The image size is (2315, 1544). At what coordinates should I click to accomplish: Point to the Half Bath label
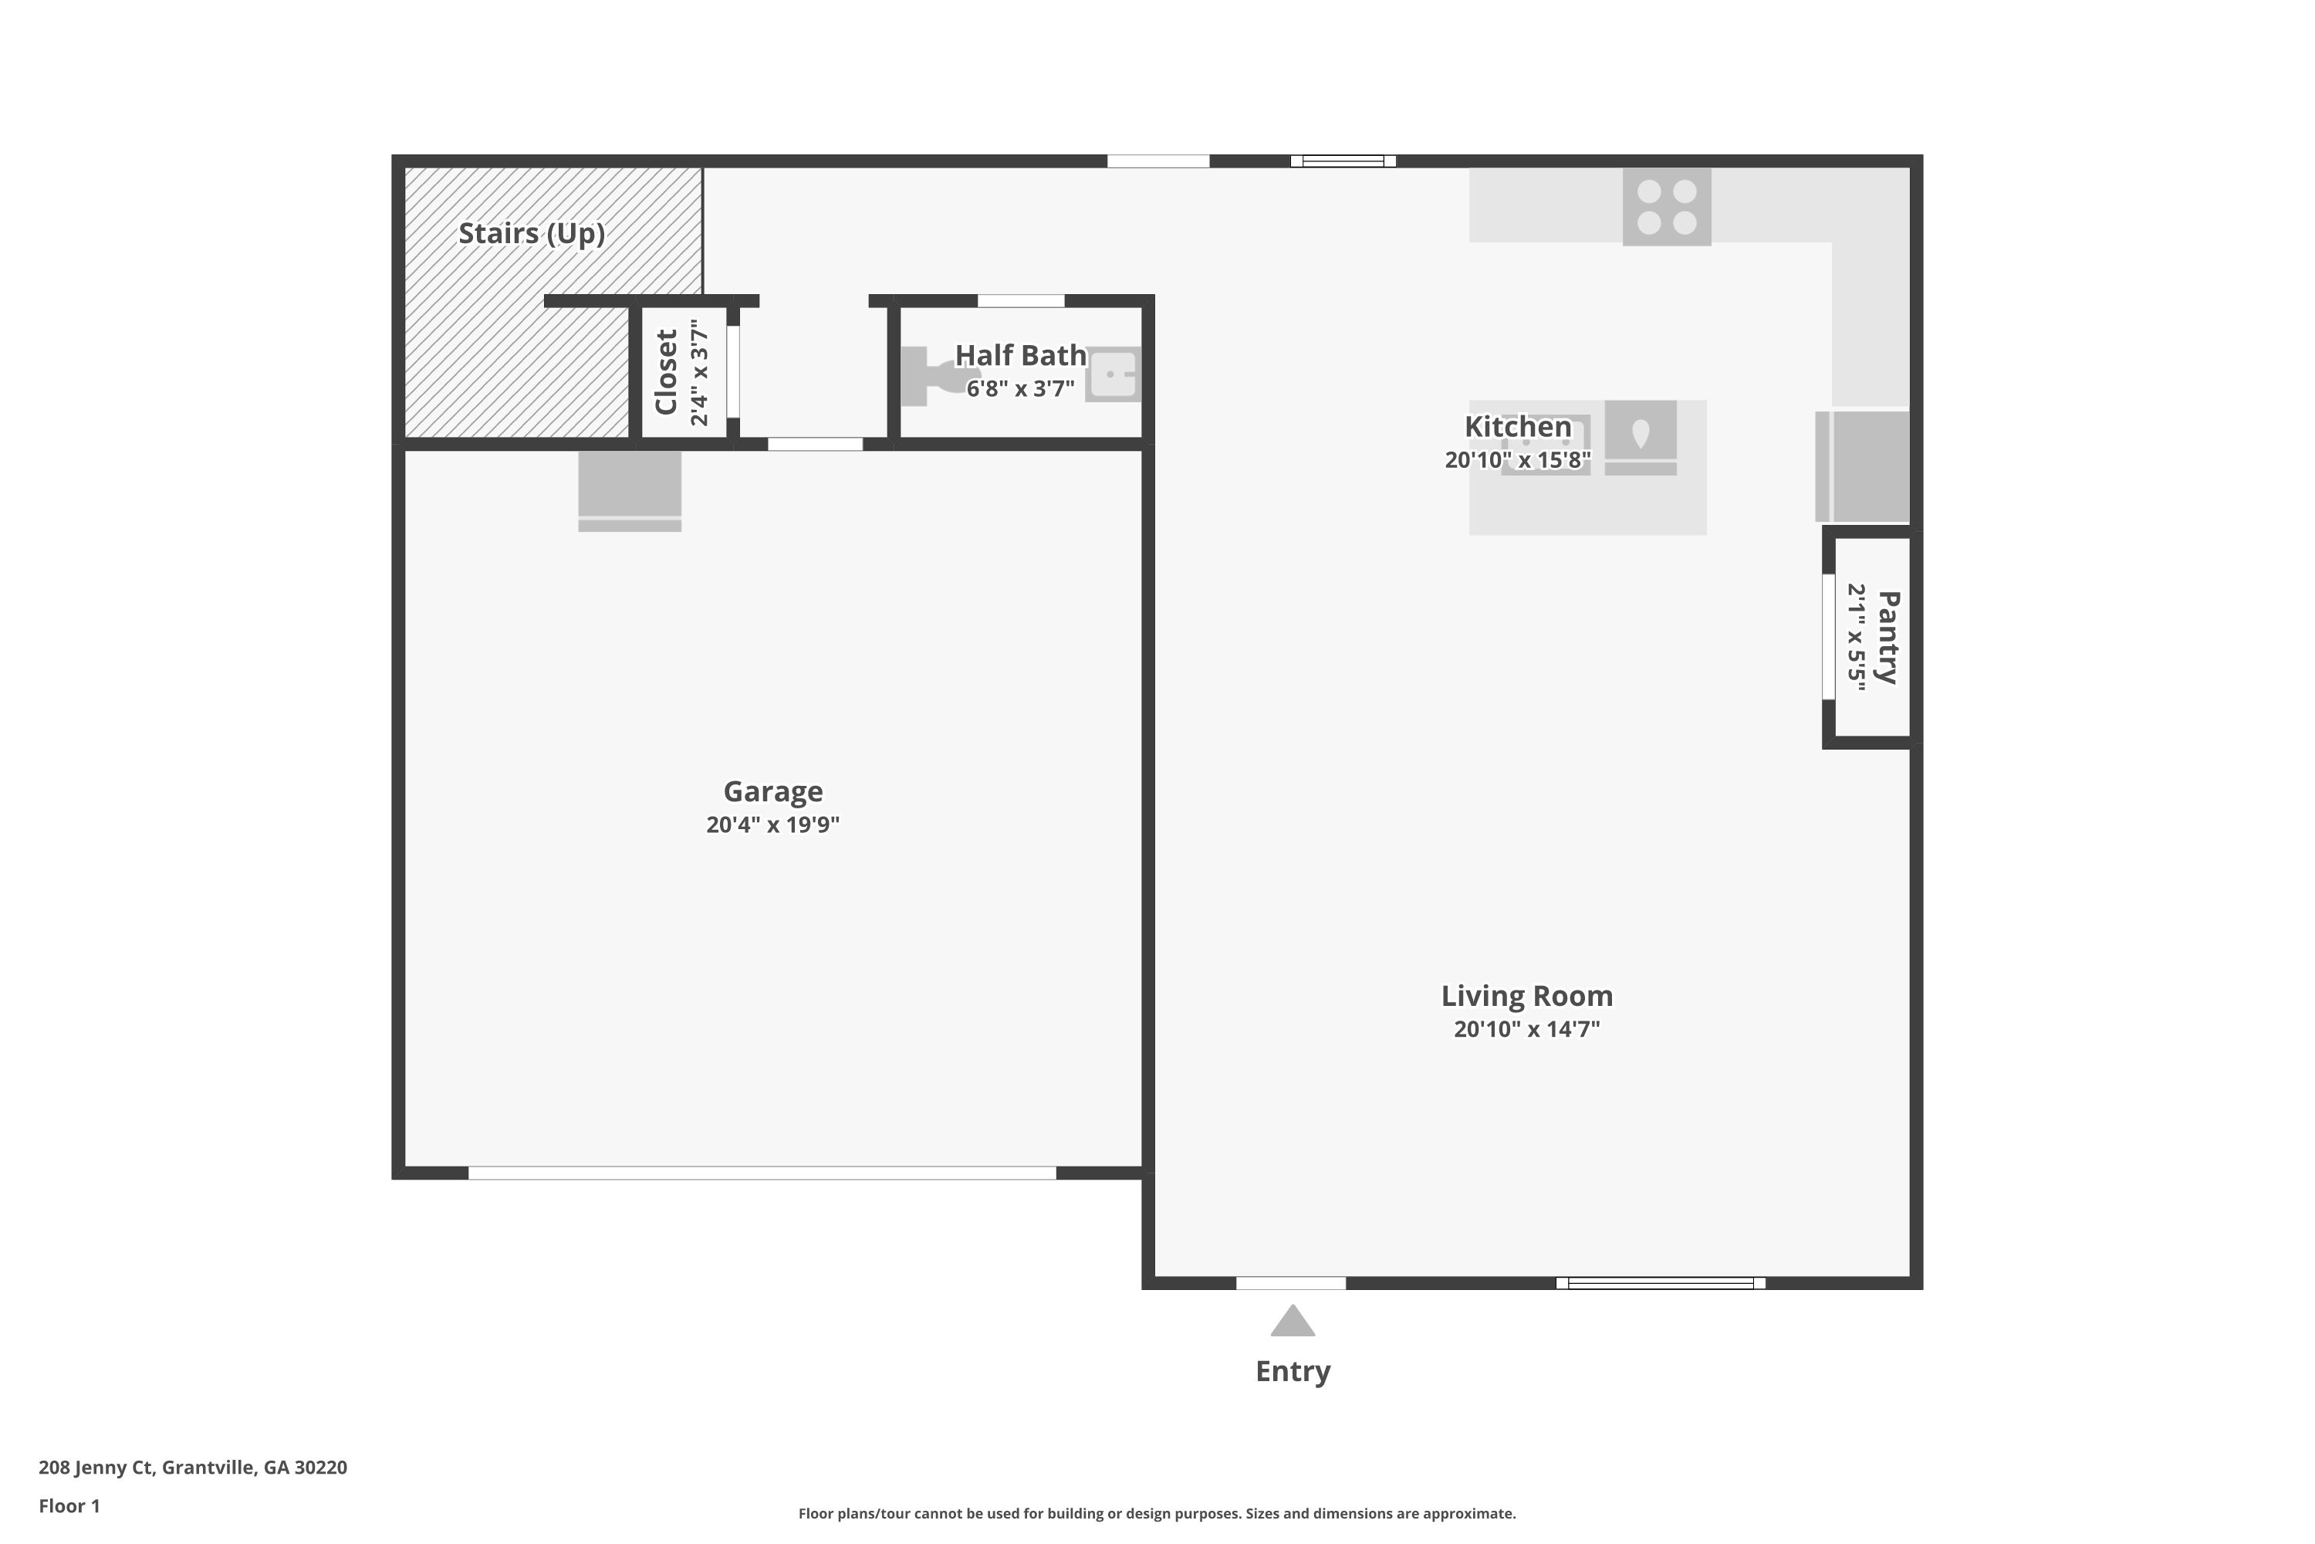(x=1021, y=355)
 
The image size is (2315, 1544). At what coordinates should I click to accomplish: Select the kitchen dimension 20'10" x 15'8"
(x=1518, y=460)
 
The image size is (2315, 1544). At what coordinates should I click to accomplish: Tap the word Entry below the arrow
(x=1293, y=1372)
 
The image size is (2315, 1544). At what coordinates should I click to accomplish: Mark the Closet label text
(x=667, y=372)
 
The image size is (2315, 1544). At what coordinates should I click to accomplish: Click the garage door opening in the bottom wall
(x=762, y=1173)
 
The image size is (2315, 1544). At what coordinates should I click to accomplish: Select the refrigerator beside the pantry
(x=1862, y=466)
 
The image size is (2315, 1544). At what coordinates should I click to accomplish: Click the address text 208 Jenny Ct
(x=96, y=1468)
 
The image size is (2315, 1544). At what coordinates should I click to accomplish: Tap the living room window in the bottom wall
(x=1661, y=1283)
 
